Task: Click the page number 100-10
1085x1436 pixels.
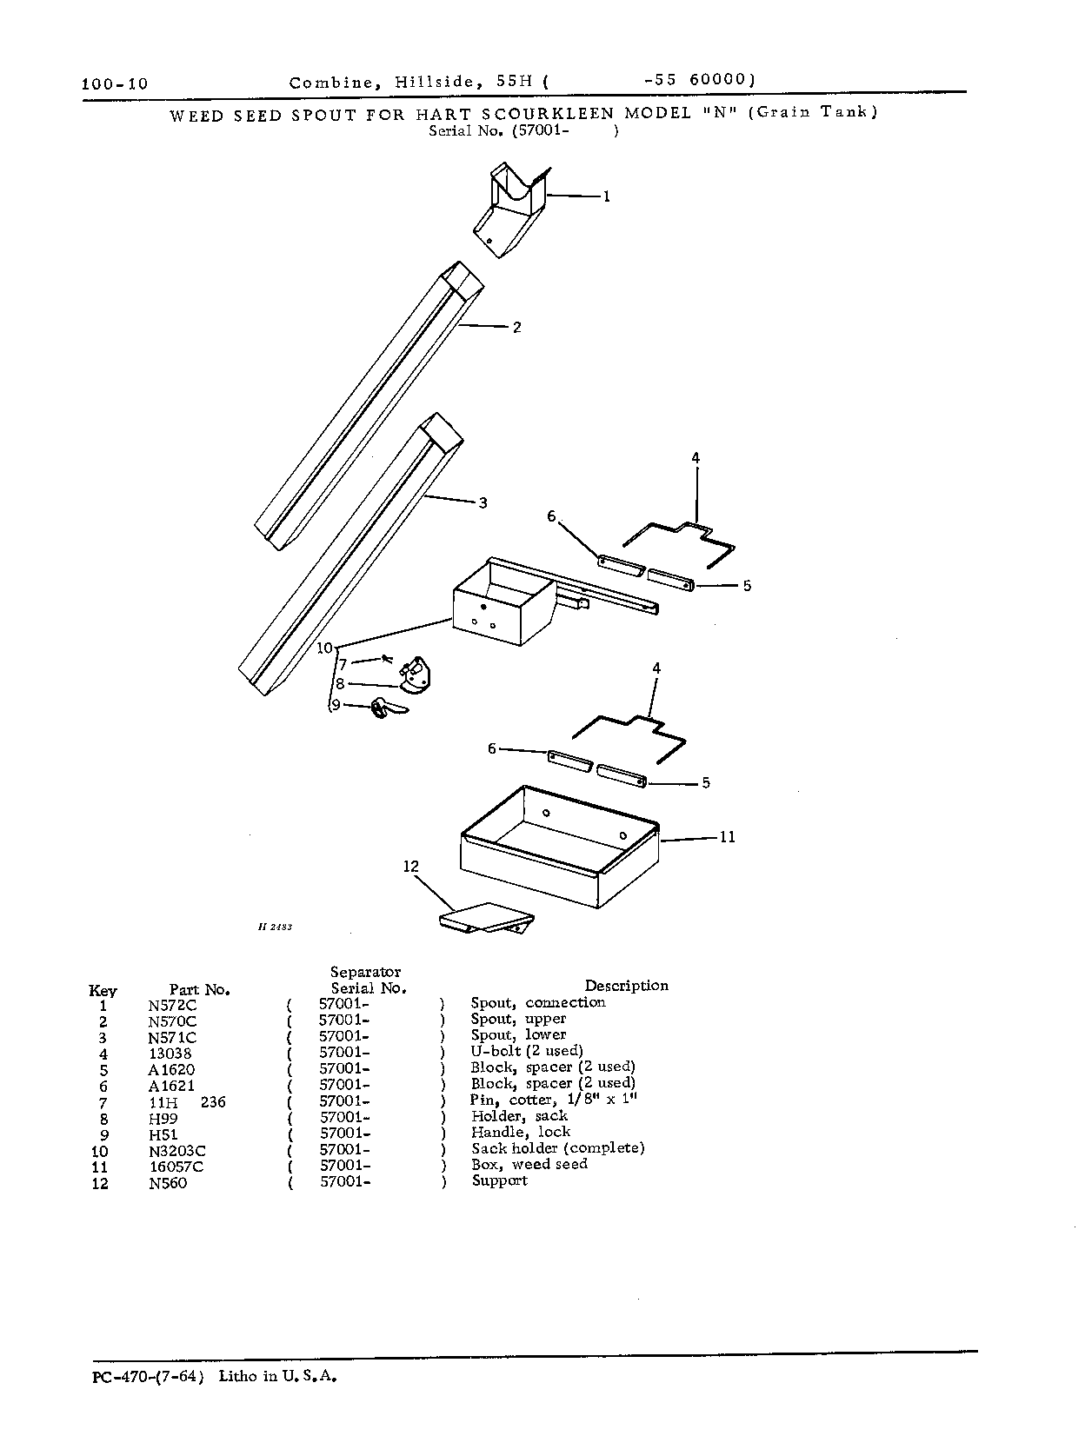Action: (115, 83)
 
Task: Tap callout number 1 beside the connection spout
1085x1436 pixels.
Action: (607, 196)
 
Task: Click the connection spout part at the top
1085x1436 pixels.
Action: (510, 209)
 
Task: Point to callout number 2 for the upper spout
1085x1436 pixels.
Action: (516, 327)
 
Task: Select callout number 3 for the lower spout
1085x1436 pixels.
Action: (483, 503)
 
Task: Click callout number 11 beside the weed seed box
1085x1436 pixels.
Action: (728, 837)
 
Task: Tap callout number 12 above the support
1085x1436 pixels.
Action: (410, 867)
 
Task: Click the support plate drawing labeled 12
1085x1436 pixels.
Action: (487, 917)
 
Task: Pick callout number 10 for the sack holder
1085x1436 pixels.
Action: (325, 648)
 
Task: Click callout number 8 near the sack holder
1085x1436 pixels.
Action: (340, 684)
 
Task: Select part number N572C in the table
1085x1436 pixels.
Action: (172, 1006)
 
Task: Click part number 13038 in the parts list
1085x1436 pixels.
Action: (170, 1054)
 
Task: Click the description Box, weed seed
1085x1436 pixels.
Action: (529, 1164)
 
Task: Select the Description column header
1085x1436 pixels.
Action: (627, 986)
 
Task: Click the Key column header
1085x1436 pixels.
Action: (102, 990)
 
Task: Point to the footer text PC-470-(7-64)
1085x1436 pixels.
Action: (148, 1377)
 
